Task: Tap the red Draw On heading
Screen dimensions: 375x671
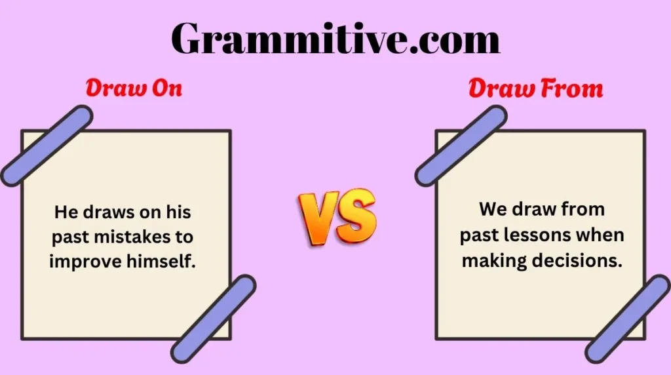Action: [134, 89]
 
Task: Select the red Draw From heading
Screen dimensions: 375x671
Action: [535, 89]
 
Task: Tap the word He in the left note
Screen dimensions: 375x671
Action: [64, 212]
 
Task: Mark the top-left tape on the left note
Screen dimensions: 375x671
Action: [47, 145]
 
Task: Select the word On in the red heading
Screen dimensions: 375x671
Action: [166, 89]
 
